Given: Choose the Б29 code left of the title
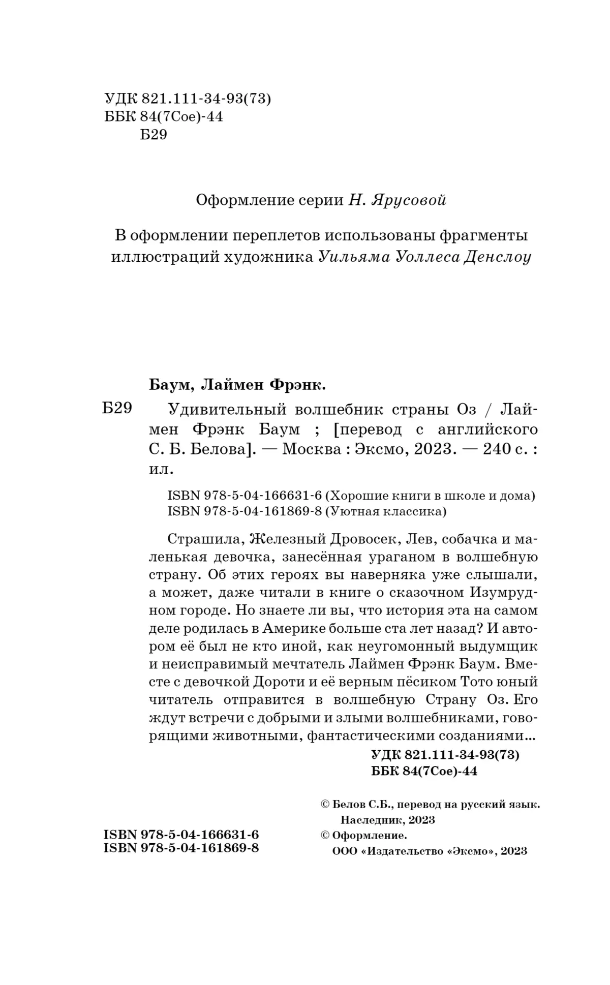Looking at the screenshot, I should [117, 409].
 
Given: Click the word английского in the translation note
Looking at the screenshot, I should [487, 429].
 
